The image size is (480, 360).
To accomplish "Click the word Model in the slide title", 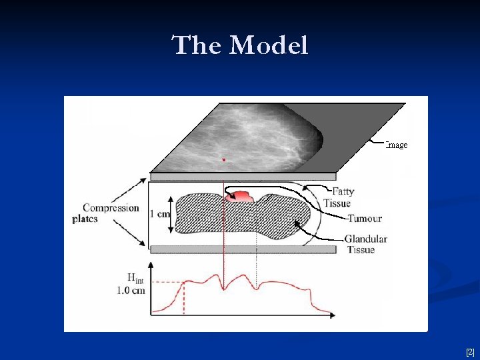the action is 269,45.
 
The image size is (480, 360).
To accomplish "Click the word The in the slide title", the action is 197,45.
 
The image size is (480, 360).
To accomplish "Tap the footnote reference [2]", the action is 470,351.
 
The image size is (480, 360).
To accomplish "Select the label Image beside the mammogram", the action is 397,145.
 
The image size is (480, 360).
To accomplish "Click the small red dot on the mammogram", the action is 224,159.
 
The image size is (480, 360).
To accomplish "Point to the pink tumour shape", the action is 240,196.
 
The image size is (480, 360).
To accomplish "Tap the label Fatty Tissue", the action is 339,197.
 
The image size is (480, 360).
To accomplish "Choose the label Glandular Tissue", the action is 365,244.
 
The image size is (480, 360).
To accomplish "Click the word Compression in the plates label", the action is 111,207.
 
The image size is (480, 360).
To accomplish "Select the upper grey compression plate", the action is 243,177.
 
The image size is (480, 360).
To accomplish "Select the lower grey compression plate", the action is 243,249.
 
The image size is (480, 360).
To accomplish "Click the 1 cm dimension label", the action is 160,214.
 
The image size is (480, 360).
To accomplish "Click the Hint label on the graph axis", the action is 135,278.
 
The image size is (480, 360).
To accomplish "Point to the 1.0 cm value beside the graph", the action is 131,290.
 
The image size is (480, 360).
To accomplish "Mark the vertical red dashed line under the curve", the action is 184,296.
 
